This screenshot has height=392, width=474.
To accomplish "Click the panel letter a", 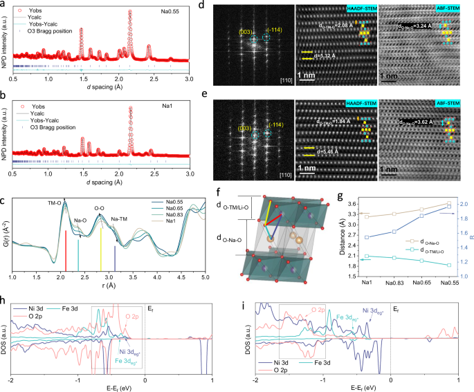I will (x=5, y=5).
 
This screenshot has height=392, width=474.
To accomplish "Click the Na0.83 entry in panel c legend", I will (x=172, y=221).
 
